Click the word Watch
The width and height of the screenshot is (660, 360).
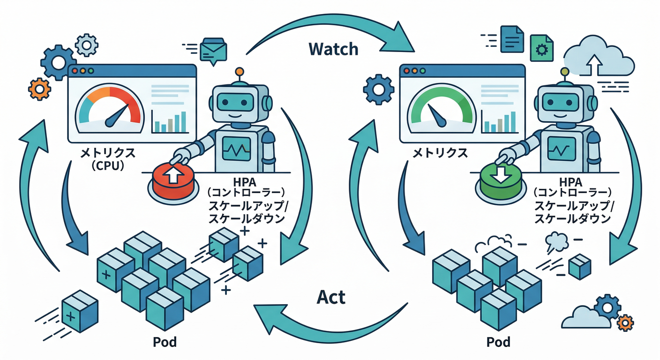click(x=333, y=48)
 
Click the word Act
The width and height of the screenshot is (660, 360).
click(x=330, y=297)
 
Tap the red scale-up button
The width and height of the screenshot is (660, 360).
click(x=172, y=181)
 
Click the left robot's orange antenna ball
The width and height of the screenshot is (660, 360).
click(x=240, y=72)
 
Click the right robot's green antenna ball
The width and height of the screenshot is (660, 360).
click(x=564, y=71)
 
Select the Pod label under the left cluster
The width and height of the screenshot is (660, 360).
click(x=165, y=342)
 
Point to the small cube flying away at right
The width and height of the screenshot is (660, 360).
click(x=579, y=265)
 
